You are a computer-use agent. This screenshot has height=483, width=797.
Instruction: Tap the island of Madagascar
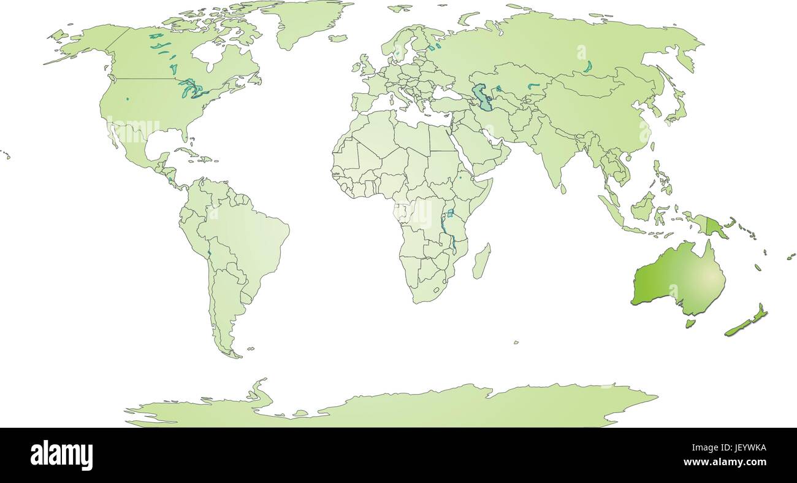pyautogui.click(x=482, y=260)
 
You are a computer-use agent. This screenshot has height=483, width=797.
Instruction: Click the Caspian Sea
pyautogui.click(x=484, y=98)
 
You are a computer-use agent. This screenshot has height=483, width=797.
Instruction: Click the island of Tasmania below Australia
pyautogui.click(x=689, y=323)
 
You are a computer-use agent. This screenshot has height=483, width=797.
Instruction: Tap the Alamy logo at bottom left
pyautogui.click(x=61, y=455)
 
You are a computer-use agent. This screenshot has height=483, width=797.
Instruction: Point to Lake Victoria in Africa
pyautogui.click(x=451, y=213)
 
